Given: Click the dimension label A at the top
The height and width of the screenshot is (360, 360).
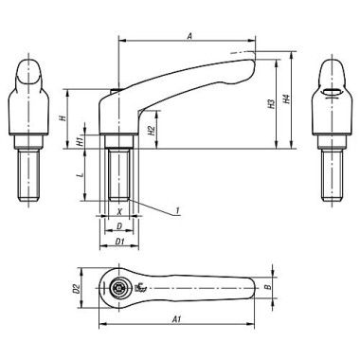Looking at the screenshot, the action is coord(189,36).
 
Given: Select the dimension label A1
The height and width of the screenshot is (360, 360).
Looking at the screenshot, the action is coord(176,319).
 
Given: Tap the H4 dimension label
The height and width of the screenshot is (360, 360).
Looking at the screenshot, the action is coord(286,99).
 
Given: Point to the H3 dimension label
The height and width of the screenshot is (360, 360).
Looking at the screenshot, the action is coord(271,104).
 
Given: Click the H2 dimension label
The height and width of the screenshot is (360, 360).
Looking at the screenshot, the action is coord(152,130).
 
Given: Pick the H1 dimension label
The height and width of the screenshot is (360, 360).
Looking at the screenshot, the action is coord(81,141).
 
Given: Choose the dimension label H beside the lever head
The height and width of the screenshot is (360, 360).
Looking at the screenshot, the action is coord(63,118).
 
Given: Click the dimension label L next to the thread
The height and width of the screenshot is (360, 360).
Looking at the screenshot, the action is coord(81,174).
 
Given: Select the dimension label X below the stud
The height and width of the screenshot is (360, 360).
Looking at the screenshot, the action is coord(119,212).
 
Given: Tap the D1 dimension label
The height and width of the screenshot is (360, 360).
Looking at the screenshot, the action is coord(119,242).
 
